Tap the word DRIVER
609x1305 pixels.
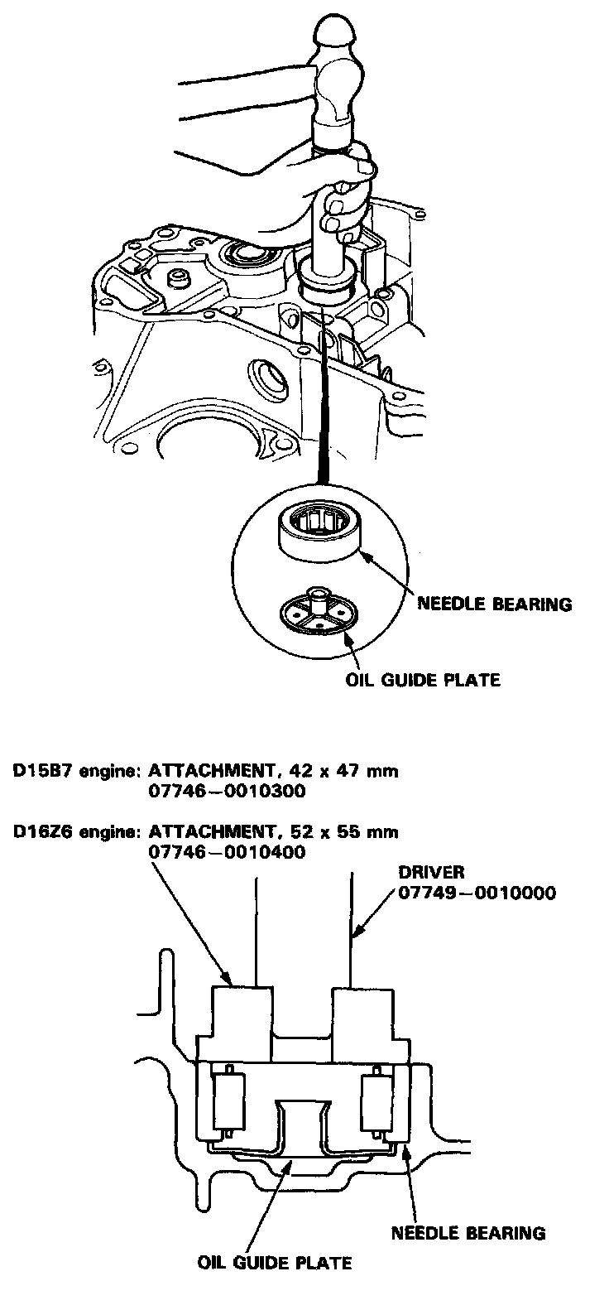pyautogui.click(x=431, y=872)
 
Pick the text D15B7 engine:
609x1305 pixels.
pyautogui.click(x=74, y=772)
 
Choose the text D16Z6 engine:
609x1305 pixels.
pyautogui.click(x=74, y=831)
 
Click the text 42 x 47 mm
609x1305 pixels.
pyautogui.click(x=347, y=772)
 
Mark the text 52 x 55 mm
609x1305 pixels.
pyautogui.click(x=347, y=831)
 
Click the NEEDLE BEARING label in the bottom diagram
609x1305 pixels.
pyautogui.click(x=468, y=1233)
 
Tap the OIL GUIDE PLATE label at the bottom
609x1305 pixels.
pyautogui.click(x=275, y=1262)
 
